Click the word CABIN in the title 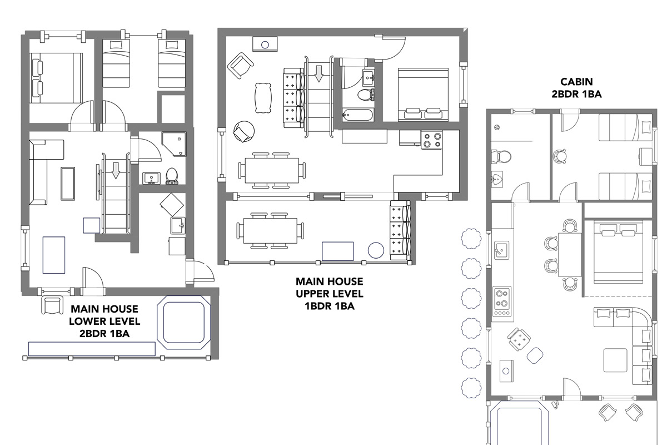pos(576,82)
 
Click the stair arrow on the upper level pos(319,74)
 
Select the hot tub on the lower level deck pos(184,323)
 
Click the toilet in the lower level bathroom pos(172,176)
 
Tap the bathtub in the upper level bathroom pos(357,115)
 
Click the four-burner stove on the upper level pos(431,140)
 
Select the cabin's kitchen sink pos(502,250)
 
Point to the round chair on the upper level pos(244,131)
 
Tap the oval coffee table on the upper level pos(263,98)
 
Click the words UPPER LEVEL pos(329,294)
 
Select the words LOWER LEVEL pos(104,322)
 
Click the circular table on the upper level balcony pos(376,250)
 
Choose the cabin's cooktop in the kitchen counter pos(502,301)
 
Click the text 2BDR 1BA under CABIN pos(576,94)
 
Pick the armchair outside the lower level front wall pos(52,305)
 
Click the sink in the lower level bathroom pos(152,178)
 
